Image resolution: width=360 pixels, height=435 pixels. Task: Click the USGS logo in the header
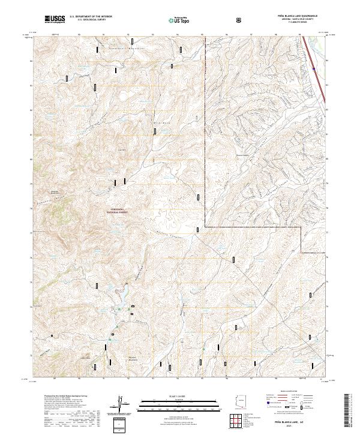55,19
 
